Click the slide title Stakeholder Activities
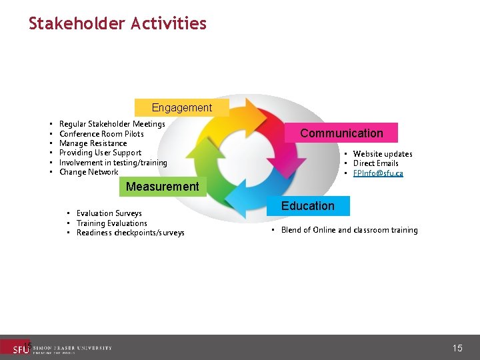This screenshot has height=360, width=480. click(x=117, y=24)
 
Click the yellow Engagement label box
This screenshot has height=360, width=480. click(x=181, y=107)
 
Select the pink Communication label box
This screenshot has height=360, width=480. click(x=341, y=133)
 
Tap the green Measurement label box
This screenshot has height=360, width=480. click(x=162, y=187)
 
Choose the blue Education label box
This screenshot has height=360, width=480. click(x=307, y=206)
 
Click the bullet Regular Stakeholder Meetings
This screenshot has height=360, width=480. click(x=112, y=124)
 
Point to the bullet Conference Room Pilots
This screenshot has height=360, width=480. click(x=101, y=134)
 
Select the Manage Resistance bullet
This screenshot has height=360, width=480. click(x=93, y=143)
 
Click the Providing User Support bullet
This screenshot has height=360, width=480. click(x=100, y=153)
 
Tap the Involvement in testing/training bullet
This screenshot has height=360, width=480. click(x=113, y=163)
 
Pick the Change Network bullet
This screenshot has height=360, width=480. click(x=89, y=172)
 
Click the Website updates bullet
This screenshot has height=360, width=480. click(x=382, y=154)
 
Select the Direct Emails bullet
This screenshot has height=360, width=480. click(x=375, y=163)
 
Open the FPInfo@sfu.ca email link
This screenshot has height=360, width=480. click(x=378, y=173)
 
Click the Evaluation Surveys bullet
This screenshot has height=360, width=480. click(x=109, y=213)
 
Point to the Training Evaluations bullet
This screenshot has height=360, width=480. click(x=111, y=223)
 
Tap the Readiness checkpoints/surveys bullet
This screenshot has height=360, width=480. click(x=130, y=233)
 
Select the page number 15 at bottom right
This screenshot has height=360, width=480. click(x=457, y=348)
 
